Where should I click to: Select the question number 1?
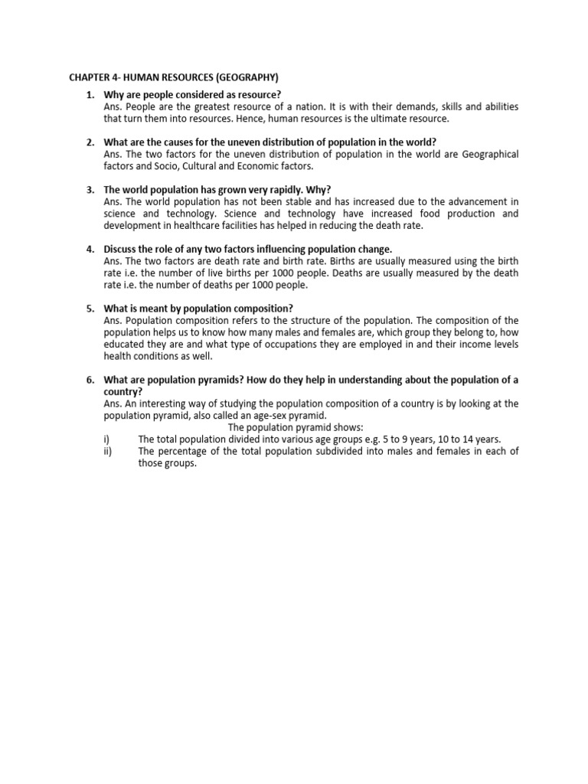coord(90,95)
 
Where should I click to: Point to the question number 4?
coord(90,249)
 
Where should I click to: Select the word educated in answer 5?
coord(125,345)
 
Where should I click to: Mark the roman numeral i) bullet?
coord(106,439)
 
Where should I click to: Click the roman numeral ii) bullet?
coord(107,451)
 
